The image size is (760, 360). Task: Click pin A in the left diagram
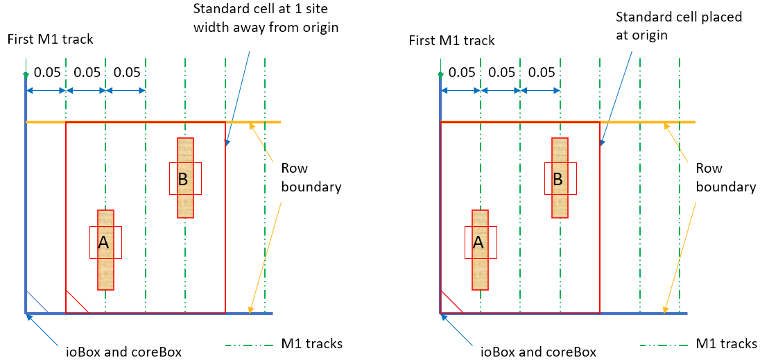(x=105, y=243)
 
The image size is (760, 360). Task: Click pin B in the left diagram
(x=185, y=178)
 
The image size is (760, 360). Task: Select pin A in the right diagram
(x=480, y=243)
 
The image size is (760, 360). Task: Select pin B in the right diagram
(x=560, y=178)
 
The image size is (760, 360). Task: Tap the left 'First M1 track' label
(x=50, y=40)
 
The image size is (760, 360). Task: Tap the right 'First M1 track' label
(x=451, y=40)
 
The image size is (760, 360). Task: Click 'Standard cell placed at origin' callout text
(x=679, y=26)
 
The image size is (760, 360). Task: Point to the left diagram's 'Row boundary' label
(x=311, y=178)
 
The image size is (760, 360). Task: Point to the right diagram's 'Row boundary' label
(x=725, y=178)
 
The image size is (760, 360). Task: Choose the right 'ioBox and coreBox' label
(x=538, y=352)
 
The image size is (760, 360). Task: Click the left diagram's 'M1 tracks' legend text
(x=312, y=344)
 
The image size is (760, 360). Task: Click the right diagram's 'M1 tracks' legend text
(x=727, y=344)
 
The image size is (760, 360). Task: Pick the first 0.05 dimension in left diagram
(x=47, y=72)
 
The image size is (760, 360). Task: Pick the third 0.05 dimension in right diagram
(x=542, y=72)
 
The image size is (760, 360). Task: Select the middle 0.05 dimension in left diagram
(x=87, y=72)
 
